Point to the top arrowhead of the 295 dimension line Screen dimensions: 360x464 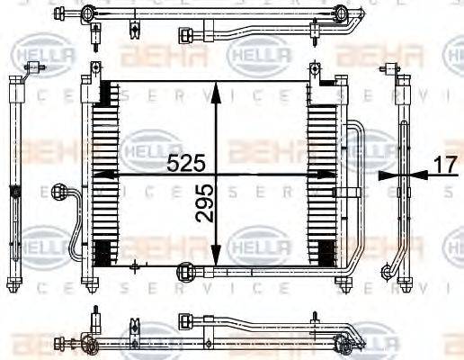coord(215,87)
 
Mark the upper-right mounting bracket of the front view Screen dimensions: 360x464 coord(314,71)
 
